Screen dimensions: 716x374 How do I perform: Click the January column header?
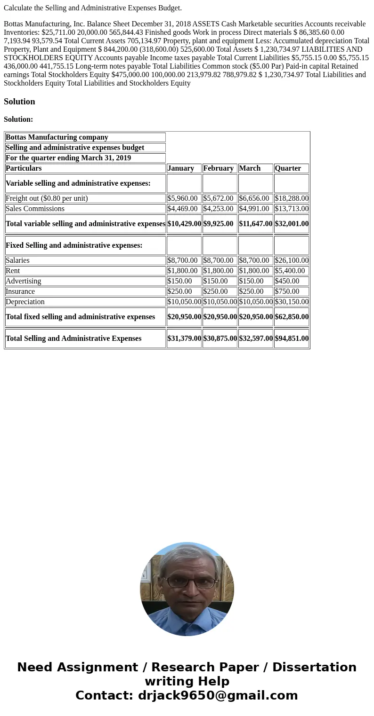coord(181,168)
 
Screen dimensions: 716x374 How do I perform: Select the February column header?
coord(218,168)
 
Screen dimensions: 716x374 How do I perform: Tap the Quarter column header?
coord(288,168)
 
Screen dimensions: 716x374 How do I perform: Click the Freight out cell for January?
coord(183,198)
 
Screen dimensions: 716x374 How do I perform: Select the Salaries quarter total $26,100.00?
coord(292,260)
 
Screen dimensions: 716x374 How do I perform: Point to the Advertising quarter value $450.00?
coord(287,281)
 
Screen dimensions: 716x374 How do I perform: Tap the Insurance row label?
coord(20,291)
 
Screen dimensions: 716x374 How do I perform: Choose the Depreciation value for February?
coord(220,302)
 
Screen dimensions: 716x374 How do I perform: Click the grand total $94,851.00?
coord(292,338)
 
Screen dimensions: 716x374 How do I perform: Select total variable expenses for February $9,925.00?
coord(218,224)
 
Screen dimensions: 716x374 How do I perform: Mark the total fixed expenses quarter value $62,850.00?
coord(292,317)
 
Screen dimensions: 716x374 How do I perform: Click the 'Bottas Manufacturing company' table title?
coord(57,137)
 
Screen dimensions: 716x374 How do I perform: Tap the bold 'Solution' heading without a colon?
coord(19,102)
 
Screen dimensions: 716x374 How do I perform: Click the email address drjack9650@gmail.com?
coord(218,696)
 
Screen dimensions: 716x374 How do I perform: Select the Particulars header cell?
coord(24,168)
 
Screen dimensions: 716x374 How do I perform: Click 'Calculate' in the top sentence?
coord(18,8)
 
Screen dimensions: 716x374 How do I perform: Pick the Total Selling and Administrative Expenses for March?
coord(256,338)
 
